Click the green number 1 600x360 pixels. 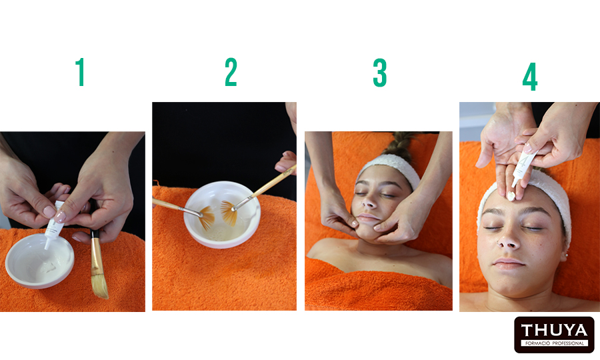pyautogui.click(x=80, y=72)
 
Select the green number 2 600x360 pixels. pyautogui.click(x=231, y=72)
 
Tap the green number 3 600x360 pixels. pyautogui.click(x=379, y=73)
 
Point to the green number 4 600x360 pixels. pyautogui.click(x=530, y=77)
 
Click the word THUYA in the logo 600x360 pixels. pyautogui.click(x=554, y=330)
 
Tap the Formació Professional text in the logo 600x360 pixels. pyautogui.click(x=555, y=343)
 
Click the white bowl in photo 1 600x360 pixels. pyautogui.click(x=39, y=261)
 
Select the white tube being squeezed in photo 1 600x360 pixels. pyautogui.click(x=53, y=225)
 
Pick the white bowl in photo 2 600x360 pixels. pyautogui.click(x=222, y=214)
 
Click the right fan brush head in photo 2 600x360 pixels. pyautogui.click(x=228, y=213)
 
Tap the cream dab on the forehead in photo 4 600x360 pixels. pyautogui.click(x=511, y=196)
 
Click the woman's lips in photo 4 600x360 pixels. pyautogui.click(x=509, y=264)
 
